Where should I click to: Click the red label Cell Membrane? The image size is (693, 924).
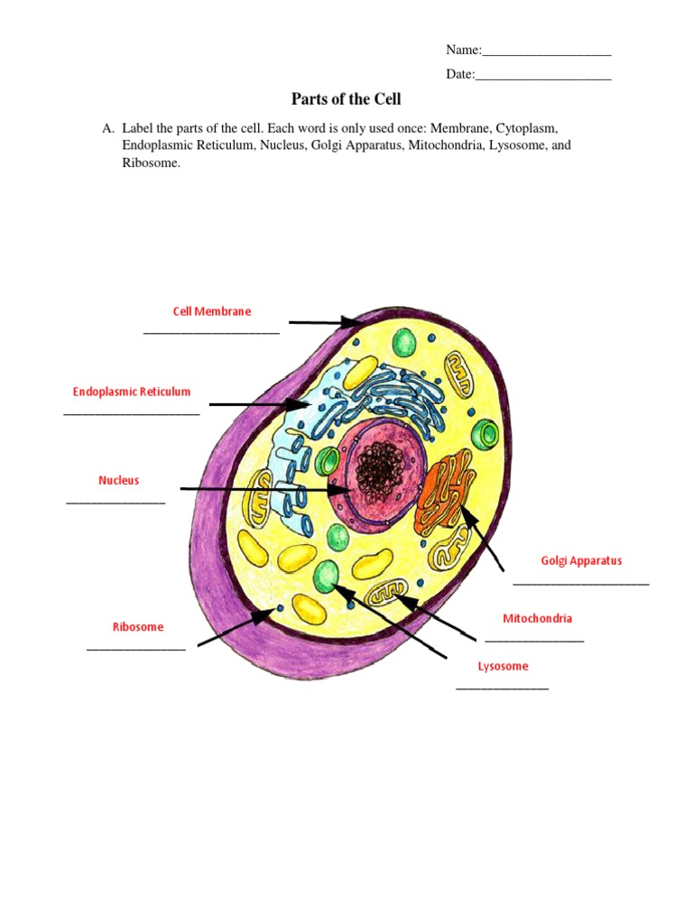[212, 311]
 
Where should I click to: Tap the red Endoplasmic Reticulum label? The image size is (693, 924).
[132, 392]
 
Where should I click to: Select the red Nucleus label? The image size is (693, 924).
[119, 481]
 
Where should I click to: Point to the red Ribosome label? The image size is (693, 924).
[138, 627]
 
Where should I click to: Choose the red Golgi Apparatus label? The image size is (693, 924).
[581, 560]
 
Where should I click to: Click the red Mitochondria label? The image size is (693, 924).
[537, 618]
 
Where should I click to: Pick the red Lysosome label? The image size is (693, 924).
[503, 667]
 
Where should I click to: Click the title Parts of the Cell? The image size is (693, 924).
[346, 99]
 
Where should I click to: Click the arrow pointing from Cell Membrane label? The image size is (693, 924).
[323, 321]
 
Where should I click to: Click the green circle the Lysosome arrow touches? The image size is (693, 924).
[326, 574]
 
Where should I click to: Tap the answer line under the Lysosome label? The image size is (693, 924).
[503, 689]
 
